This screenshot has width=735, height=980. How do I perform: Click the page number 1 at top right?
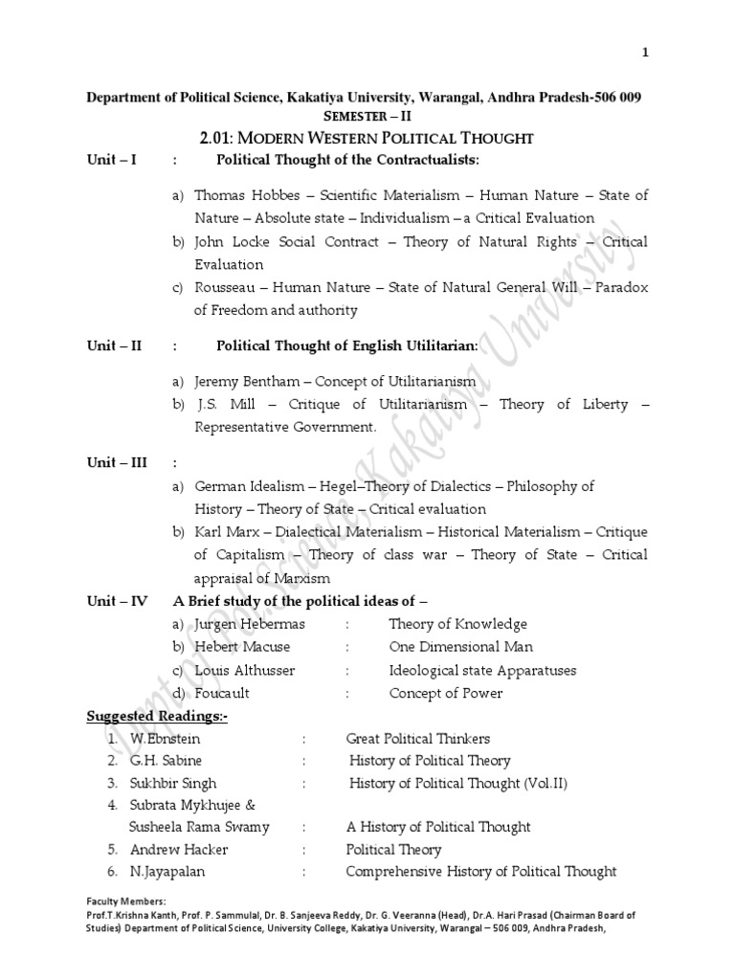point(646,53)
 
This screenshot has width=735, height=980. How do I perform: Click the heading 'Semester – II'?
point(365,116)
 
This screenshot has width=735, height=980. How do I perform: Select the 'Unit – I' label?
point(112,159)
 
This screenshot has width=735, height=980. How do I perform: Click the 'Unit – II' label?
point(114,345)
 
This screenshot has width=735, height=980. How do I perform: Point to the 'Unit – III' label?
point(117,463)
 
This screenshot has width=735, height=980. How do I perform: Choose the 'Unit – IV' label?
point(117,601)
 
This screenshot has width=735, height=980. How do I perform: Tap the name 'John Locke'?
point(230,242)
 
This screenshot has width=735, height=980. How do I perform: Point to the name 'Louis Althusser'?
point(245,670)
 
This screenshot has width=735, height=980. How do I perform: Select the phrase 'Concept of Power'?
point(445,693)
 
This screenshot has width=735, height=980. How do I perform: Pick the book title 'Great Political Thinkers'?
point(417,739)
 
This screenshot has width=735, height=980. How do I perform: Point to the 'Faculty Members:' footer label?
point(126,901)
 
